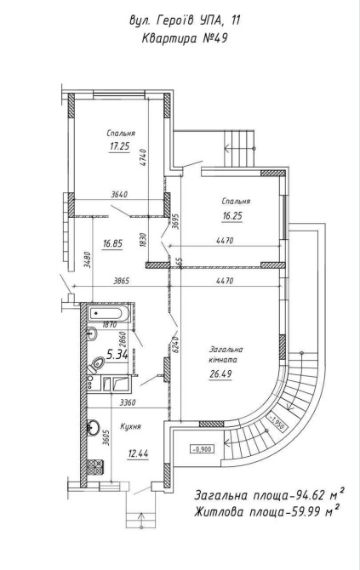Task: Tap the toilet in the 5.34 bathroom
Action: click(x=96, y=364)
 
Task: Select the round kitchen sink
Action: click(x=93, y=427)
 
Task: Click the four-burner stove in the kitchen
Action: click(x=95, y=467)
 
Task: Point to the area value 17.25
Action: click(x=120, y=146)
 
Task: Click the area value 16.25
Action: click(x=232, y=216)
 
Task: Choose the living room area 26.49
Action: click(x=220, y=373)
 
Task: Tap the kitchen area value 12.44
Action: click(x=138, y=453)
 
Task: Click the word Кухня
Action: click(x=130, y=426)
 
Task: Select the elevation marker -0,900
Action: click(x=202, y=449)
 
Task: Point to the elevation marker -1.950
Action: click(x=277, y=423)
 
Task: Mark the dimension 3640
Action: click(x=119, y=195)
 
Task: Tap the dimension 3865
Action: click(x=122, y=281)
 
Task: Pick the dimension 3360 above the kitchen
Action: click(x=128, y=402)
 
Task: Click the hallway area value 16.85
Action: click(x=112, y=243)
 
